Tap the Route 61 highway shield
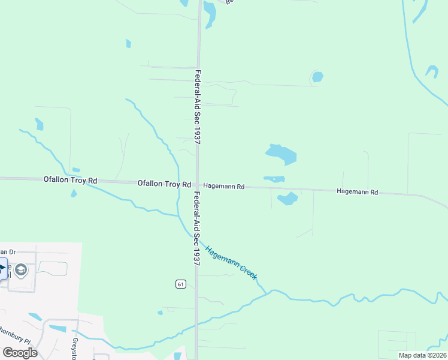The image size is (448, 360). [180, 284]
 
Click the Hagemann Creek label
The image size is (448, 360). [231, 262]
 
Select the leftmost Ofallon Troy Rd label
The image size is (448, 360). [70, 180]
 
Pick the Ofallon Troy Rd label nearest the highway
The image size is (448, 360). [164, 184]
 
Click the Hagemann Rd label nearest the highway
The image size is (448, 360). [224, 187]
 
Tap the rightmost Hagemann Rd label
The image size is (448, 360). [358, 192]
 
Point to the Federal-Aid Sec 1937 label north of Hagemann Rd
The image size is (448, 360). [197, 106]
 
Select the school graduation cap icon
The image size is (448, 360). [21, 270]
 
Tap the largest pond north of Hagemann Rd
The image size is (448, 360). [281, 154]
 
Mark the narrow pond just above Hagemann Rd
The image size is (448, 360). [274, 179]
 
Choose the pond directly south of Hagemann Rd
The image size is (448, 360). [287, 198]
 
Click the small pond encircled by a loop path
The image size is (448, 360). [317, 77]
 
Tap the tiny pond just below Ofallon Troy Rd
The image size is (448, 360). [73, 193]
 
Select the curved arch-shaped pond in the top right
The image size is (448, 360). [432, 71]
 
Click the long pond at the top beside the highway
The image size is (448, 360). [210, 14]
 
